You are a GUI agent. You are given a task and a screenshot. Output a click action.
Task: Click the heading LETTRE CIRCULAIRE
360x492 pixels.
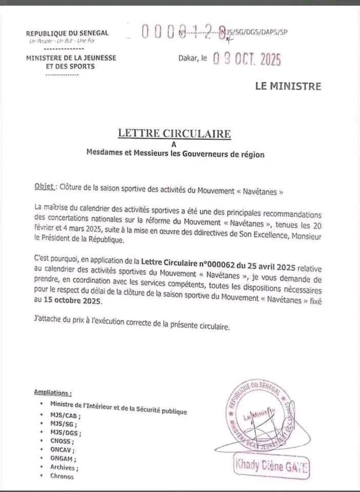pyautogui.click(x=174, y=134)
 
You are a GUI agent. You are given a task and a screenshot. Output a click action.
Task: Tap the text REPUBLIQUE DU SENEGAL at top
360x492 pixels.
pyautogui.click(x=67, y=33)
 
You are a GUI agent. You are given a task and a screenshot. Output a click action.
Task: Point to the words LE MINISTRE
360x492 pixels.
pyautogui.click(x=288, y=86)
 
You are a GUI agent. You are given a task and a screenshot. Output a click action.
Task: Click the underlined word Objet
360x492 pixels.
pyautogui.click(x=44, y=187)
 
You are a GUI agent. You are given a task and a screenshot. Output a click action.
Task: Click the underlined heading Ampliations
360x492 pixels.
pyautogui.click(x=53, y=392)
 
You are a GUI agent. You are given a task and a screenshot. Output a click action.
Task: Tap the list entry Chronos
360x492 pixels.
pyautogui.click(x=62, y=476)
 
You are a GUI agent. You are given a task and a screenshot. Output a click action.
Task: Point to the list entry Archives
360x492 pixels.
pyautogui.click(x=64, y=467)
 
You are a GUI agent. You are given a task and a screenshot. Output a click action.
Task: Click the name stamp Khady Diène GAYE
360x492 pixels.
pyautogui.click(x=272, y=467)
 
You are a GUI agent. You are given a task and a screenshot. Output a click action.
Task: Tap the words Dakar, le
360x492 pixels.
pyautogui.click(x=193, y=59)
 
